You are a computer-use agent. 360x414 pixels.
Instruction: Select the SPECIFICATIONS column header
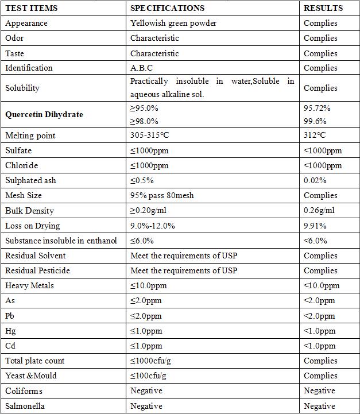click(x=167, y=8)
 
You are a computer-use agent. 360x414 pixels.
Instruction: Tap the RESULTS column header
click(x=323, y=8)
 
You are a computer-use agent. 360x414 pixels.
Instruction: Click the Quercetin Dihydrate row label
click(x=44, y=114)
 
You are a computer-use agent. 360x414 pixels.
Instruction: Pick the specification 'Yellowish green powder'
click(x=173, y=24)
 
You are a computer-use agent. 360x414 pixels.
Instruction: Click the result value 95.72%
click(x=317, y=108)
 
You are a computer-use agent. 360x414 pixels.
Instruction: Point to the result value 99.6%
click(x=315, y=121)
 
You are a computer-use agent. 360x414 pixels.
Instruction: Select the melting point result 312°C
click(x=315, y=136)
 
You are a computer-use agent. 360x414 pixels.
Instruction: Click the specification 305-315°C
click(x=150, y=136)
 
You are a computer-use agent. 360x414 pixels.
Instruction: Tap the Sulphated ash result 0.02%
click(x=315, y=180)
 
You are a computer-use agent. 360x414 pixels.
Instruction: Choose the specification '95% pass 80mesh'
click(x=162, y=195)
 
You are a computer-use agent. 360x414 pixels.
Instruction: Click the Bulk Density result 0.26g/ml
click(x=319, y=210)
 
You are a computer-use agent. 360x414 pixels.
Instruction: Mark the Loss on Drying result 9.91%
click(x=315, y=226)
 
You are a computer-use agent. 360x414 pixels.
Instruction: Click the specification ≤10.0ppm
click(x=149, y=285)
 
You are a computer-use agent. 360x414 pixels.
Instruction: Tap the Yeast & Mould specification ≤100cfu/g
click(x=149, y=376)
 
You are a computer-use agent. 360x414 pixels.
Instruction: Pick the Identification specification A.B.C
click(x=141, y=68)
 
